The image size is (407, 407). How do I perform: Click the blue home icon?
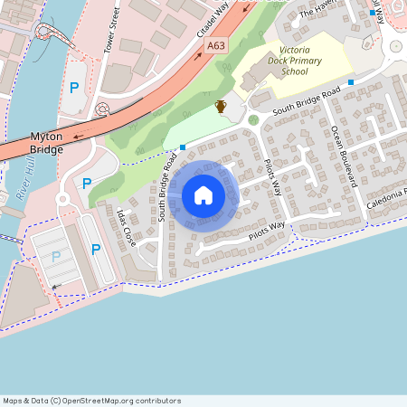tap(203, 194)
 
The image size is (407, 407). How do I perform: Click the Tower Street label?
tap(112, 29)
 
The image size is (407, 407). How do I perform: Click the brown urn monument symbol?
tap(221, 107)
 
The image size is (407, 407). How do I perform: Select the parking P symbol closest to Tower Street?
tap(74, 89)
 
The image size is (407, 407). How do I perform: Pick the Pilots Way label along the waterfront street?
tap(267, 230)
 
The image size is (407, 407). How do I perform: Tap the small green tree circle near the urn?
tap(253, 119)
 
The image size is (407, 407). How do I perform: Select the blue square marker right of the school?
tap(350, 81)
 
